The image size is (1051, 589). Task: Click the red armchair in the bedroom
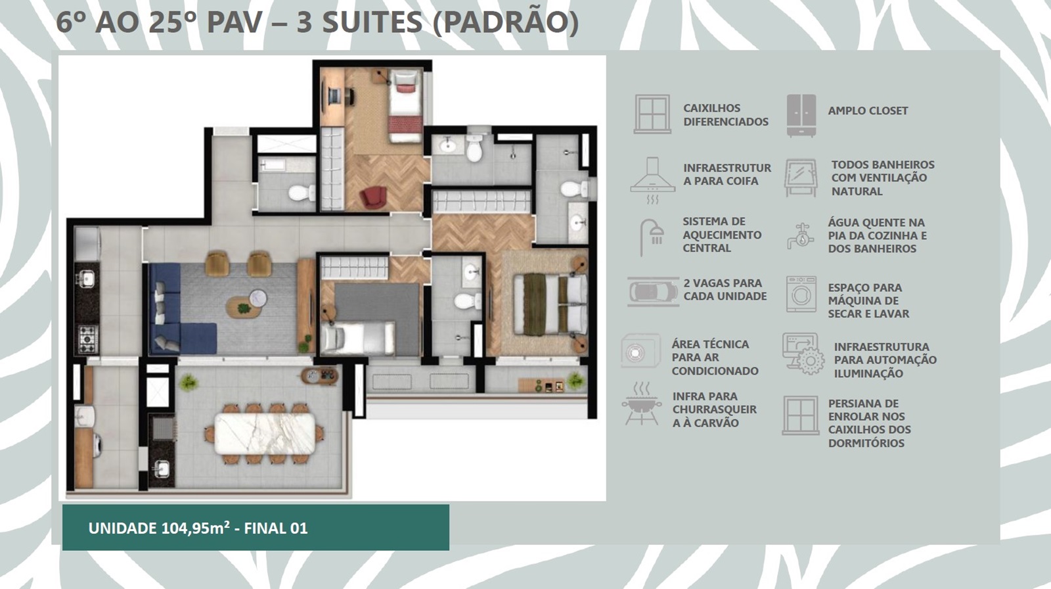pos(374,197)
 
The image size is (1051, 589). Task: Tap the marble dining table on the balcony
pos(265,433)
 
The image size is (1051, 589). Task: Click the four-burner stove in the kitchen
pos(88,339)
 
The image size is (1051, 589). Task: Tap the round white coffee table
pos(257,298)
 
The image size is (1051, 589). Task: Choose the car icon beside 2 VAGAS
pos(653,292)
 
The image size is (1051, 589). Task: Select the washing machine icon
pos(801,294)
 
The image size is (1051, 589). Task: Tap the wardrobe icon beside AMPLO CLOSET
pos(801,116)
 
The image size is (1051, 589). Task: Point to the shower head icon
pos(652,237)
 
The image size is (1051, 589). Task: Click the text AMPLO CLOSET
pos(868,111)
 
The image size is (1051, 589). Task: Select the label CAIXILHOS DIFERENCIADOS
pos(726,115)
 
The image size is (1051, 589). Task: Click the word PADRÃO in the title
pos(506,22)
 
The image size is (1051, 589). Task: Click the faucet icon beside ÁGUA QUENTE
pos(801,236)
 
